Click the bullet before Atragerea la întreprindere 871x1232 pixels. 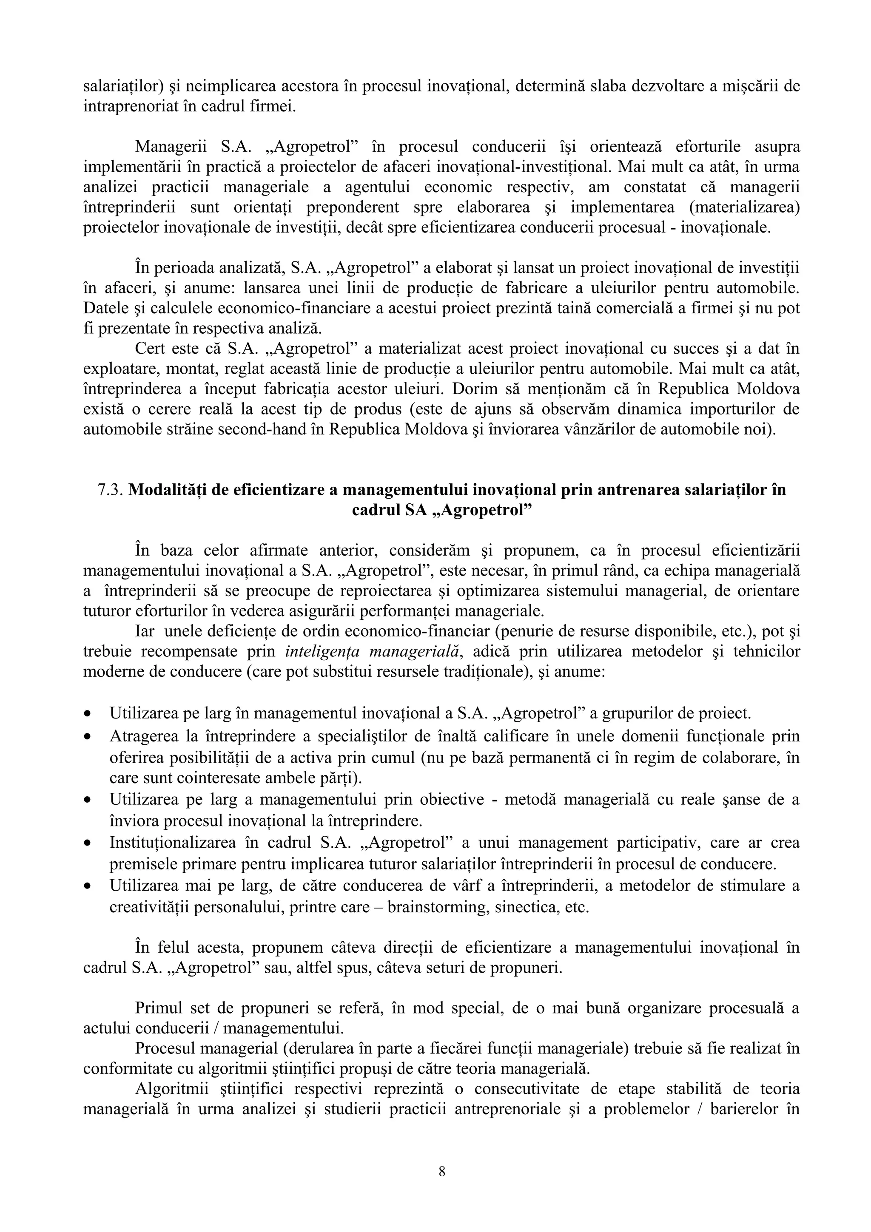(87, 737)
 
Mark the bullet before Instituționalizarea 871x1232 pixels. (87, 843)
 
